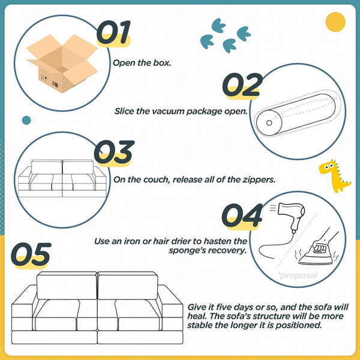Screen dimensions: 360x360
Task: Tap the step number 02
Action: pyautogui.click(x=242, y=86)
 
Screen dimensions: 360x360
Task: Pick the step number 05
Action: pyautogui.click(x=31, y=255)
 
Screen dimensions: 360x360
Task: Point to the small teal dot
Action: pyautogui.click(x=26, y=120)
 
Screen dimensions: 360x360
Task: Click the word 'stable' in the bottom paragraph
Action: pyautogui.click(x=200, y=326)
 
